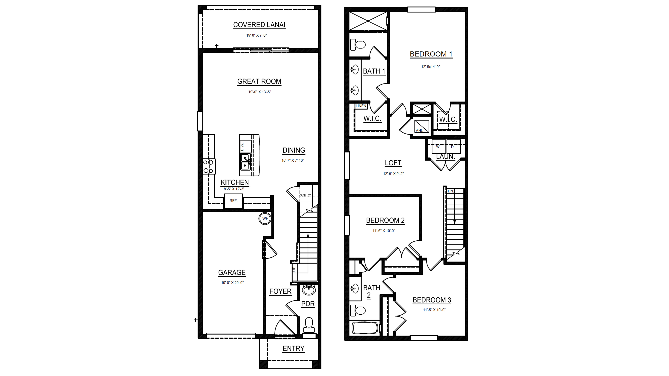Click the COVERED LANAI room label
tap(259, 25)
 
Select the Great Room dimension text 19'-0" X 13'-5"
tap(260, 92)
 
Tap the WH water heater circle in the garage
tap(265, 218)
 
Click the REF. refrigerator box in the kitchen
tap(233, 201)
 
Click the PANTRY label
tap(305, 195)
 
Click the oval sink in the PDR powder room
tap(309, 290)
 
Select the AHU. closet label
tap(420, 130)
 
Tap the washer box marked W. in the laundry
tap(438, 147)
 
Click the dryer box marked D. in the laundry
tap(453, 147)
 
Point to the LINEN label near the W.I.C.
tap(361, 106)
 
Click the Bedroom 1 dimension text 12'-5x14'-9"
tap(430, 67)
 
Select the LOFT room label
tap(393, 163)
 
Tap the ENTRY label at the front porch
tap(293, 349)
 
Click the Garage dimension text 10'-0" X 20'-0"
tap(232, 283)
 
